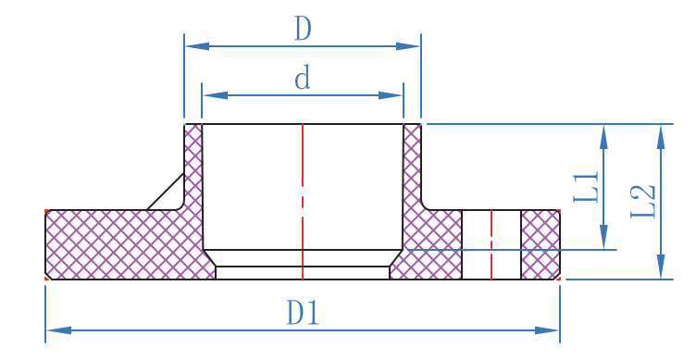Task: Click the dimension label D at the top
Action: click(x=303, y=30)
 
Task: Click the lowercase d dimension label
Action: click(x=303, y=79)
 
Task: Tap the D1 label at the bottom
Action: click(x=303, y=313)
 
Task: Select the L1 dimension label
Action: click(x=587, y=187)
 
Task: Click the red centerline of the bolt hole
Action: click(x=491, y=244)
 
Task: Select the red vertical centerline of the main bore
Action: click(x=303, y=185)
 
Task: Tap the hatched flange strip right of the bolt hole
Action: click(x=541, y=244)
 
